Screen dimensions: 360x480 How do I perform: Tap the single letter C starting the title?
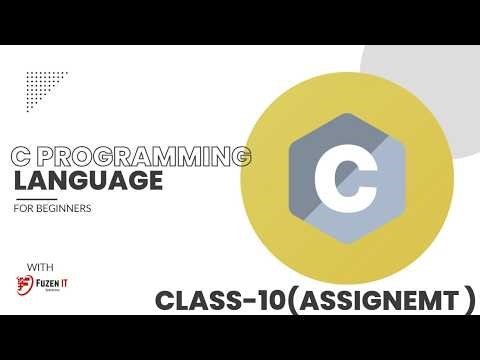coord(19,158)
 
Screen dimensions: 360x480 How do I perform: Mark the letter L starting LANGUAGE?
coord(19,182)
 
